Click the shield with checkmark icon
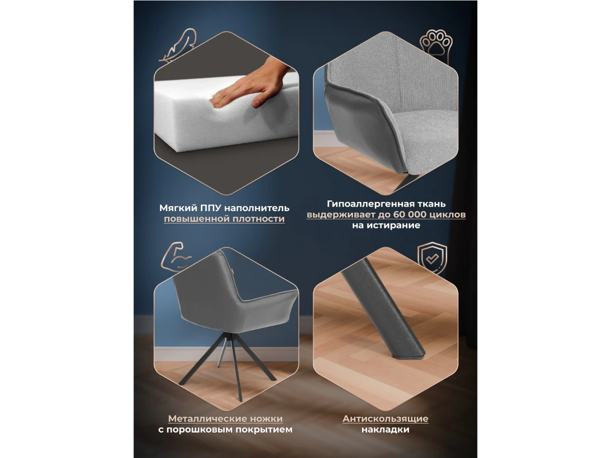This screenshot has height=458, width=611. tap(432, 259)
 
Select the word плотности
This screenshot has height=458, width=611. tap(259, 219)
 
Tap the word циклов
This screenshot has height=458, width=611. tap(448, 215)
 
